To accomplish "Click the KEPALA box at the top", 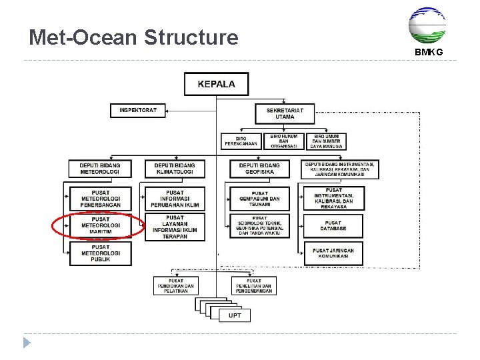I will tap(216, 84).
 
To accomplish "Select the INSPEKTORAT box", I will tap(138, 110).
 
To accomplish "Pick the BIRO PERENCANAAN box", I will tap(241, 141).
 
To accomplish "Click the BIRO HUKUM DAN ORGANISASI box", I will tap(284, 141).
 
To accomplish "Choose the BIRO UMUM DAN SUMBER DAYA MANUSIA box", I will tap(327, 141).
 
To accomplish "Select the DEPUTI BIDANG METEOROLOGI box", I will tap(100, 169).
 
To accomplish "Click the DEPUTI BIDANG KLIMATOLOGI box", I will tap(175, 169).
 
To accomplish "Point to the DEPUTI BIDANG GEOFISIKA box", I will tap(260, 169).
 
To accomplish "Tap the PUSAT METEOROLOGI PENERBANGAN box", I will tap(101, 199).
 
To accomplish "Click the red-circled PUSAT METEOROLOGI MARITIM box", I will tap(101, 226).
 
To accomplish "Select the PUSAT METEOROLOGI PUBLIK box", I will tap(101, 253).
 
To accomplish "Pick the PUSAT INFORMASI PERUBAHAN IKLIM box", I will tap(175, 199).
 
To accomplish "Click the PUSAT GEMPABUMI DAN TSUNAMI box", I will tap(260, 199).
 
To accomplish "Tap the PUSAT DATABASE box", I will tap(333, 225).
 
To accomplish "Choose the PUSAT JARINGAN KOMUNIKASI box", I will tap(333, 253).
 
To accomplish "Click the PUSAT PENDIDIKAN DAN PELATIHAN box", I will tap(176, 286).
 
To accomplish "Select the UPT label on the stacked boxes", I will tap(235, 315).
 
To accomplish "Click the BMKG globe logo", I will tap(427, 25).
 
